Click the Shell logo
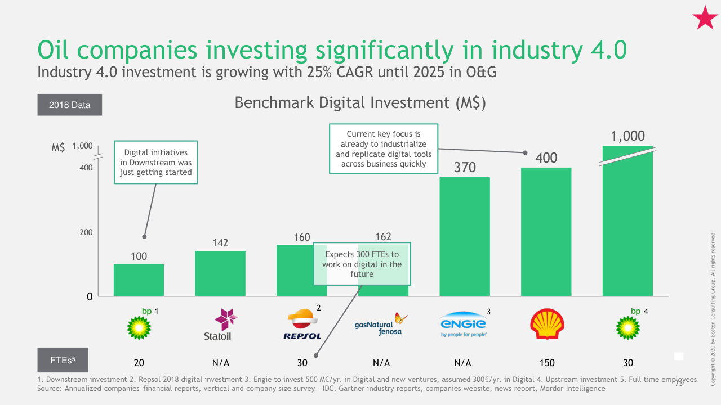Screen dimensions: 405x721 (x=546, y=324)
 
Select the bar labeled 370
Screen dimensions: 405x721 (x=465, y=236)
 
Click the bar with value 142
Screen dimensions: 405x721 (x=220, y=273)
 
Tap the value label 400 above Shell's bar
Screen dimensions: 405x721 (x=546, y=158)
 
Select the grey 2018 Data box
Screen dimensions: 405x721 (x=70, y=105)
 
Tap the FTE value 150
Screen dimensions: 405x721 (x=546, y=363)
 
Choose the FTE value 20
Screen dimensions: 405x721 (x=139, y=363)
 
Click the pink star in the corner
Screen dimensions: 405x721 (x=705, y=19)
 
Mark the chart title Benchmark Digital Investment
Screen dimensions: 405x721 (x=360, y=103)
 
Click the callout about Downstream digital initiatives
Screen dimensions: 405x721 (x=156, y=162)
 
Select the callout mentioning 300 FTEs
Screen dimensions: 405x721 (x=362, y=264)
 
